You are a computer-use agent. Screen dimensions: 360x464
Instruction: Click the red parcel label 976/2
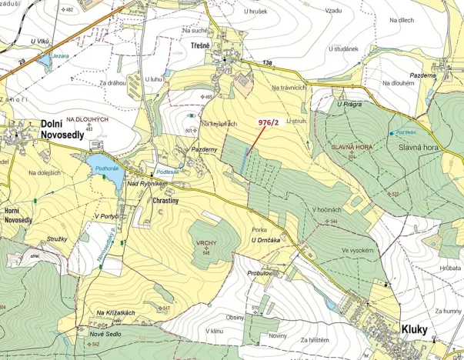tap(269, 122)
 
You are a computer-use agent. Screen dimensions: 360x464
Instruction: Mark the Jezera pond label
tap(62, 56)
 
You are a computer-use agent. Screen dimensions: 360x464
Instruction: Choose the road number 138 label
tap(268, 63)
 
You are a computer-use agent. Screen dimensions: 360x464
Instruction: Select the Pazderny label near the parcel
tap(205, 149)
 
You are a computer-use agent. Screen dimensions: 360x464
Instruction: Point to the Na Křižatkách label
tap(115, 312)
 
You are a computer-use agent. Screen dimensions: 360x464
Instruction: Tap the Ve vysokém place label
tap(358, 251)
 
